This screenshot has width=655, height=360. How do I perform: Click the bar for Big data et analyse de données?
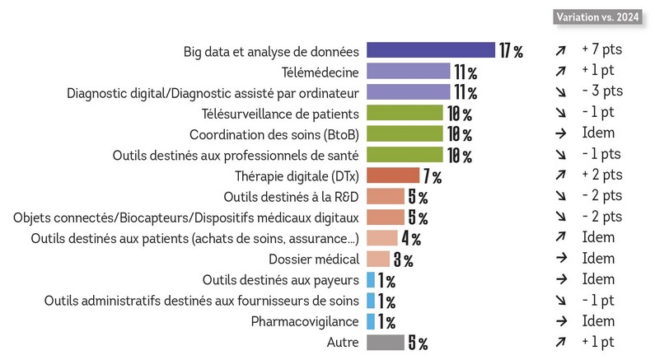[430, 51]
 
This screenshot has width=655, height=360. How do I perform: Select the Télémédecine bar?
[408, 72]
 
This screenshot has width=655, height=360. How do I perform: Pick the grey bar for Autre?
[385, 342]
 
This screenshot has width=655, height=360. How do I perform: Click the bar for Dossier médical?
[378, 259]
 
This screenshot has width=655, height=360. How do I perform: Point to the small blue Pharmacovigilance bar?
[371, 321]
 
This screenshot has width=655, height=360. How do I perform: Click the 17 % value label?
[511, 51]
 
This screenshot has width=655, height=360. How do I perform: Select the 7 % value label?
[433, 176]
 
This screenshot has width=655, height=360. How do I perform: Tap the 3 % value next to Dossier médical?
[403, 260]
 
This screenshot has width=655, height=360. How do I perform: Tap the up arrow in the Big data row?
[560, 51]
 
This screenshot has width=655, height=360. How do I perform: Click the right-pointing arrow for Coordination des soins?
[560, 134]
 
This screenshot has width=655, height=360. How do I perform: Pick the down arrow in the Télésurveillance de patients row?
[560, 114]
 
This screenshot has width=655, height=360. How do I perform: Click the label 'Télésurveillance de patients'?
[280, 114]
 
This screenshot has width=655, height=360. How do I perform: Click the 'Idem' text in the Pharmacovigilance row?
[597, 321]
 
